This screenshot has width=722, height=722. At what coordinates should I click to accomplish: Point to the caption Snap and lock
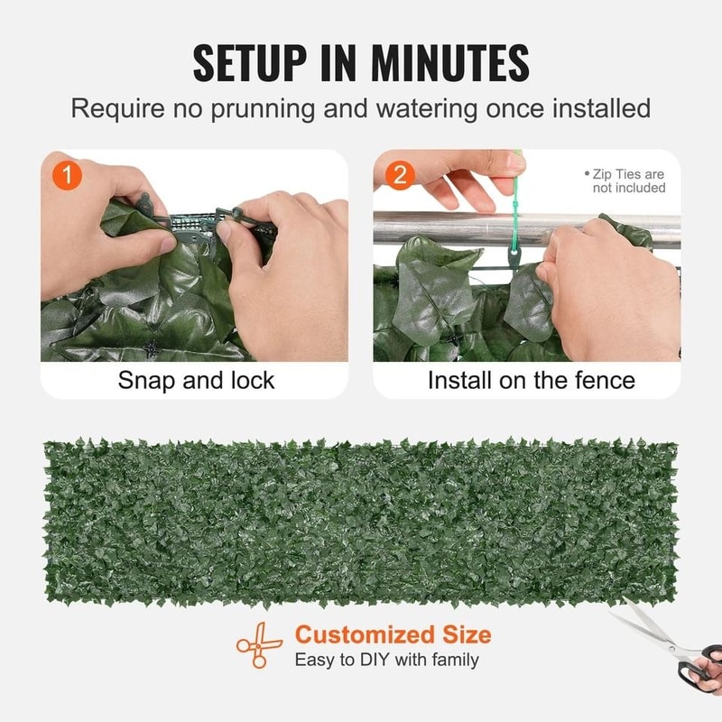coord(196,380)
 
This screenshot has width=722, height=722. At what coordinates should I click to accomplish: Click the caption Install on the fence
coord(531,380)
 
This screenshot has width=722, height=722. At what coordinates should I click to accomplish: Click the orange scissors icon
coord(259,644)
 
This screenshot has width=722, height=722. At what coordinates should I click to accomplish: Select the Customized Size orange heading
coord(393,634)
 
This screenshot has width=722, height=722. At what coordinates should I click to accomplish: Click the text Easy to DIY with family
coord(386,660)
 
